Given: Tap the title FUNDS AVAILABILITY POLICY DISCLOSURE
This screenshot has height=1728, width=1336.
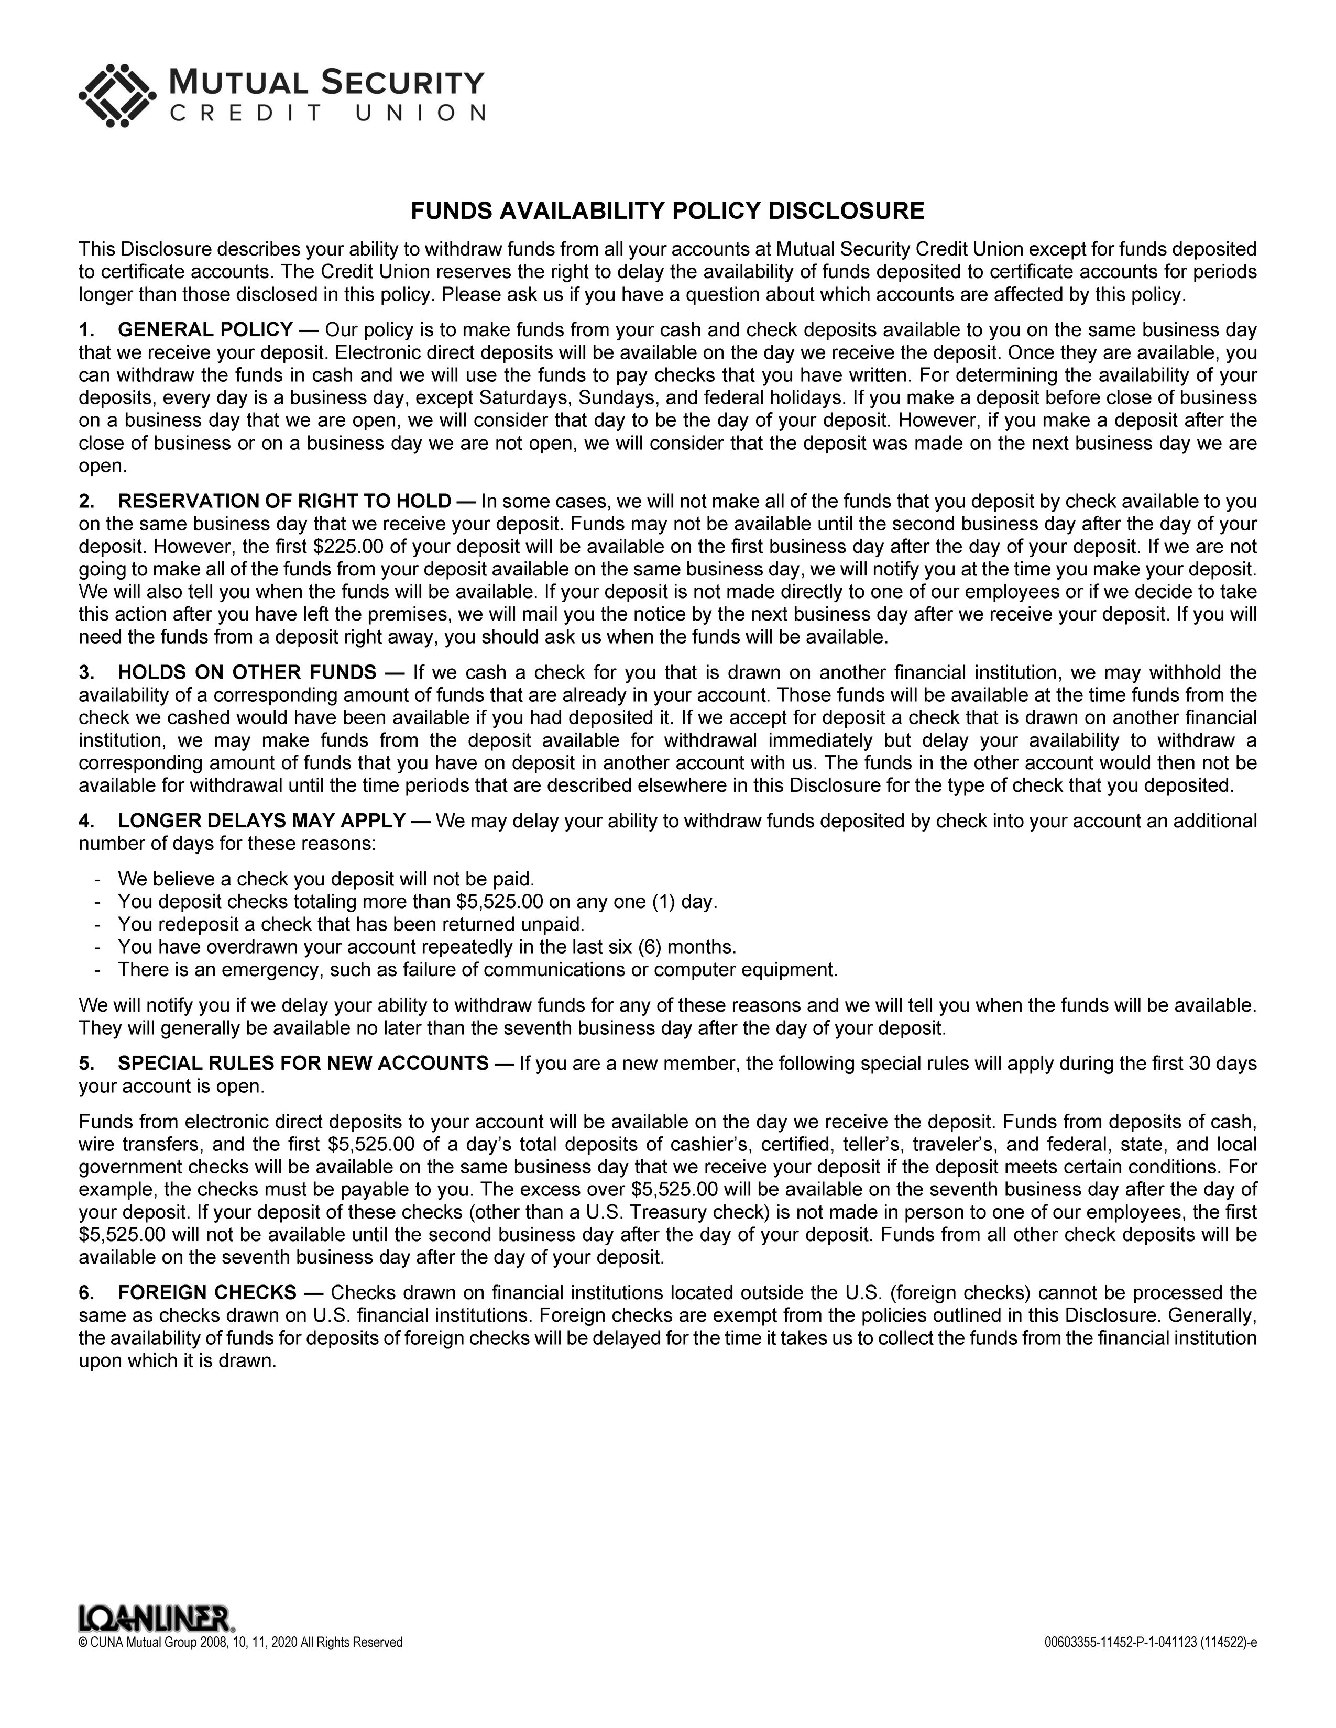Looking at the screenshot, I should click(667, 211).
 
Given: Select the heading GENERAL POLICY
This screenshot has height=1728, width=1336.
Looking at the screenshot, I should click(205, 330).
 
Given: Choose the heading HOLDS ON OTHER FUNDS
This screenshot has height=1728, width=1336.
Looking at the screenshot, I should click(247, 672).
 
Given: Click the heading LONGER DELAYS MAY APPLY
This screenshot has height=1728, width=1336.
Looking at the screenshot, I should click(262, 821).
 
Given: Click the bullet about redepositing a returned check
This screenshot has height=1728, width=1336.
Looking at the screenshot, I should click(351, 924).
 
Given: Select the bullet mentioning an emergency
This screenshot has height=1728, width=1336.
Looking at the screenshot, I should click(477, 970).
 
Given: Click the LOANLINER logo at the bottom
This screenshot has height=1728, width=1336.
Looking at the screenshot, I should click(156, 1619).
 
